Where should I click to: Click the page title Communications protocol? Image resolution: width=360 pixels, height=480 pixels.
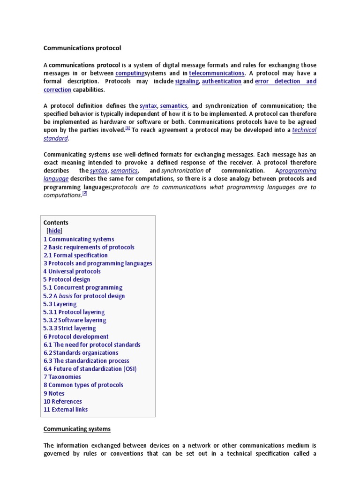[82, 48]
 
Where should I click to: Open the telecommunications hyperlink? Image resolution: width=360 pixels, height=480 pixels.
[217, 73]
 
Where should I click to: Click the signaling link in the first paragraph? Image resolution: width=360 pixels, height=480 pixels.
[187, 81]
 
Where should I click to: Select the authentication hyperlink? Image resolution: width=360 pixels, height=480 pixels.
[222, 81]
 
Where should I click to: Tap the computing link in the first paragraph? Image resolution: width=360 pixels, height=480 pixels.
[130, 73]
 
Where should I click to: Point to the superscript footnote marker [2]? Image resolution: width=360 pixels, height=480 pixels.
[85, 193]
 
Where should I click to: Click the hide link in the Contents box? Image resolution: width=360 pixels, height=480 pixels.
[54, 231]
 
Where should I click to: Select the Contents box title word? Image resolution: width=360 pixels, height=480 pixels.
[56, 223]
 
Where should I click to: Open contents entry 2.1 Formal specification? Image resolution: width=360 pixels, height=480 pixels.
[75, 255]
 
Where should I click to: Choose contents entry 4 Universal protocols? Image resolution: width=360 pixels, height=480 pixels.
[72, 271]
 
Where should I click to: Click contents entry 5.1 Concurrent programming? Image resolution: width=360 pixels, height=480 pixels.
[83, 287]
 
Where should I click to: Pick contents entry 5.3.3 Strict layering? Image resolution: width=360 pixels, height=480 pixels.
[70, 328]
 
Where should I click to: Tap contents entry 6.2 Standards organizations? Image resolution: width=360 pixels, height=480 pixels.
[81, 352]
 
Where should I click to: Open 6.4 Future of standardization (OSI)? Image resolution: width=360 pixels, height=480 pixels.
[90, 369]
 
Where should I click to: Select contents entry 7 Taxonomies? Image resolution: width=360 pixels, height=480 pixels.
[62, 377]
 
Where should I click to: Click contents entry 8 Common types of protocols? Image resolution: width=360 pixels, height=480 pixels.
[83, 385]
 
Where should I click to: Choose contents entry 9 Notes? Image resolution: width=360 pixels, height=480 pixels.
[54, 393]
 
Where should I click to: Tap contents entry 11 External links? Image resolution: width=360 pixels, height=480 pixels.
[66, 409]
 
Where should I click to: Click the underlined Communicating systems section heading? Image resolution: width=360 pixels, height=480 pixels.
[77, 428]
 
